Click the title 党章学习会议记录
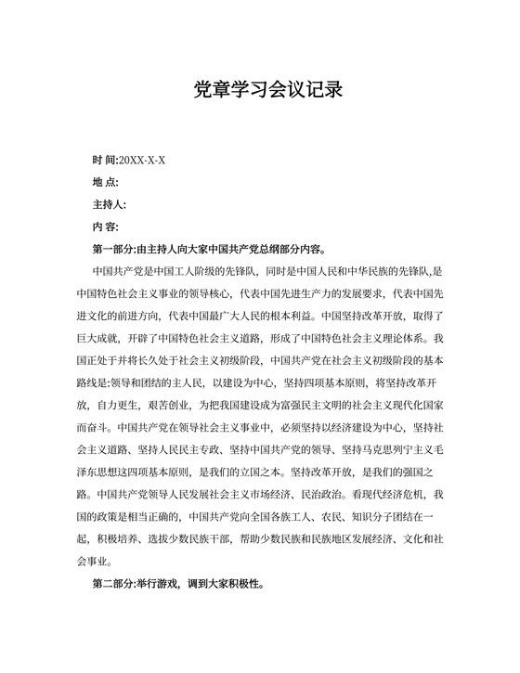coord(259,89)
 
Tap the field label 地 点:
coord(105,182)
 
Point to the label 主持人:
coord(110,204)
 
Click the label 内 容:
coord(105,226)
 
